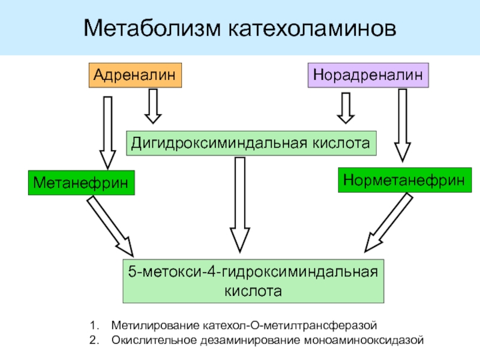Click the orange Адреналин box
coord(135,76)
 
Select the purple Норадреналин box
coord(368,76)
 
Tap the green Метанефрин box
coord(81,183)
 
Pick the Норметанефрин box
coord(404,180)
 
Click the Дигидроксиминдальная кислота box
coord(251,143)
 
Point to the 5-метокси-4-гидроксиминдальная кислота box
coord(253,281)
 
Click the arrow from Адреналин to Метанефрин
coord(107,133)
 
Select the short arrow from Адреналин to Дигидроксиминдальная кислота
coord(153,107)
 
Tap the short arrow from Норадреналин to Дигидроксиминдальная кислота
coord(346,108)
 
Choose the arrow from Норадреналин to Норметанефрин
coord(402,125)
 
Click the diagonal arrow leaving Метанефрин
coord(110,227)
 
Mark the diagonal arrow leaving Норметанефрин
coord(389,223)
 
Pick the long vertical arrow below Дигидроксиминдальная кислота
coord(240,205)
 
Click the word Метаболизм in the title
coord(152,28)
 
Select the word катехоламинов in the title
coord(312,28)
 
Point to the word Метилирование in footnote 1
coord(155,325)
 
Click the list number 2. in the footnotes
coord(94,340)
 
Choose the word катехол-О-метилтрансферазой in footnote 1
coord(290,325)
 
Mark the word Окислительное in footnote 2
coord(154,340)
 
